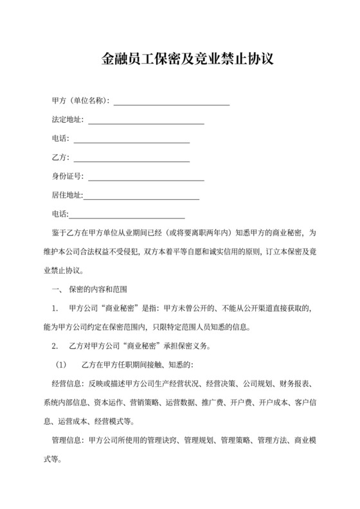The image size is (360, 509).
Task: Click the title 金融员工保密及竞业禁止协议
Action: pyautogui.click(x=179, y=60)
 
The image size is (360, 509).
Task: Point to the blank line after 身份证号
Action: pyautogui.click(x=145, y=179)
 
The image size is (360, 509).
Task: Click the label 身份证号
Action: pyautogui.click(x=67, y=177)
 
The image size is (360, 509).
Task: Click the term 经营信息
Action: pyautogui.click(x=66, y=385)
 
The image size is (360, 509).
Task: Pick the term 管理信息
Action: pyautogui.click(x=66, y=442)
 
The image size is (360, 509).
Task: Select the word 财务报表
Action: pyautogui.click(x=297, y=385)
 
